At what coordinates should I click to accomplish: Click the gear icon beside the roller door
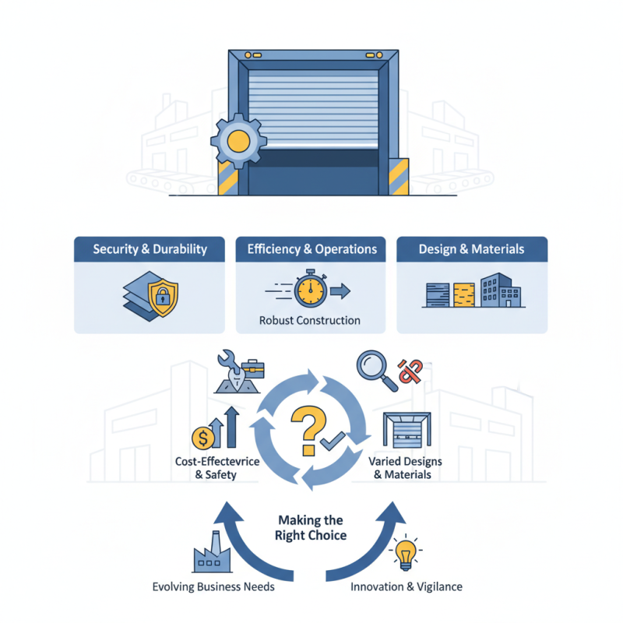click(x=238, y=141)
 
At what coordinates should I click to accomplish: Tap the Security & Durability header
click(x=150, y=250)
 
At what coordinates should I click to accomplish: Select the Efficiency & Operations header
click(x=311, y=250)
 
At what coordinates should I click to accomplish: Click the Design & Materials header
click(x=472, y=250)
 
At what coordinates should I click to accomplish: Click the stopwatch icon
click(x=309, y=290)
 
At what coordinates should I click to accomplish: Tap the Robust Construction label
click(x=311, y=320)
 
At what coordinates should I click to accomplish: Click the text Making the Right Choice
click(x=310, y=528)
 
